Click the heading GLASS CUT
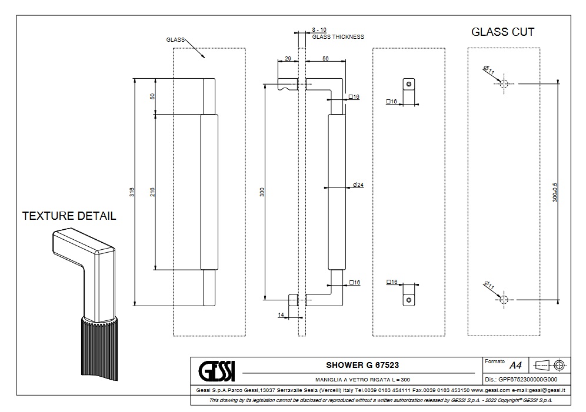point(502,32)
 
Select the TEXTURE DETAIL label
point(69,216)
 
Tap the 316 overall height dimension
point(132,192)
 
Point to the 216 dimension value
point(152,192)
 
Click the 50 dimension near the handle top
point(152,96)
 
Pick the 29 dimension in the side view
point(288,59)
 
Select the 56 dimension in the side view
point(325,59)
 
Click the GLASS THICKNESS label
point(338,36)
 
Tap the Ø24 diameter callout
point(358,185)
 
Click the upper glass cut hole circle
point(503,84)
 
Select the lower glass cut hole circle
point(503,300)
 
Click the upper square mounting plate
point(408,84)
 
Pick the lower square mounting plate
point(408,300)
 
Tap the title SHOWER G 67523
point(358,366)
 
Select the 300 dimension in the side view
point(262,192)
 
